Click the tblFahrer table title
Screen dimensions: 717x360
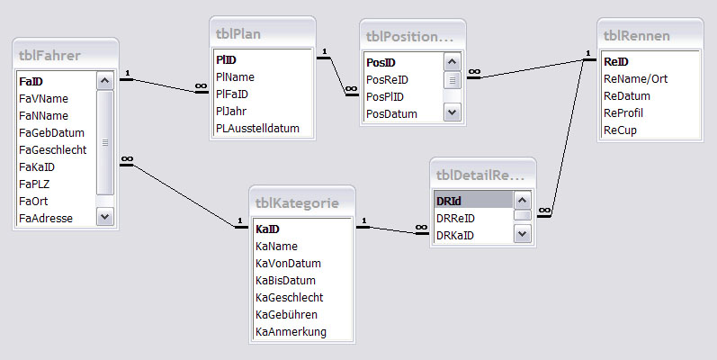tap(49, 56)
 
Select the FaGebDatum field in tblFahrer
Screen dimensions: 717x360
tap(51, 132)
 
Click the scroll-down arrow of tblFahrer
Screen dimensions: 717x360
tap(104, 217)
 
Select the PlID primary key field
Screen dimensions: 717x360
tap(226, 60)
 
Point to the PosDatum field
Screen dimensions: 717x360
tap(391, 113)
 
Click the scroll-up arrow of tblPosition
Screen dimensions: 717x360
tap(452, 62)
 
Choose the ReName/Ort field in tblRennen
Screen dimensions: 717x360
tap(637, 79)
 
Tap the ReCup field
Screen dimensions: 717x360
tap(620, 130)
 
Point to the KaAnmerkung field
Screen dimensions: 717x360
tap(291, 331)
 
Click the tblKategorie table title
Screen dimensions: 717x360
tap(297, 204)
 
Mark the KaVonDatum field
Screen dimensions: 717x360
tap(288, 263)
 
